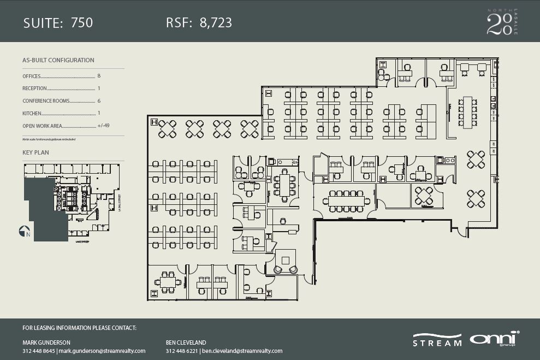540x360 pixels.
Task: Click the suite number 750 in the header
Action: pyautogui.click(x=82, y=22)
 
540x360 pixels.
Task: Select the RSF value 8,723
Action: pyautogui.click(x=216, y=22)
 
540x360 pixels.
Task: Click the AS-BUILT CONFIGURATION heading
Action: pyautogui.click(x=58, y=60)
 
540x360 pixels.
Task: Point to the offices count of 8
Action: pyautogui.click(x=99, y=76)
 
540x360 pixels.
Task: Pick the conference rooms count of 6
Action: pyautogui.click(x=99, y=101)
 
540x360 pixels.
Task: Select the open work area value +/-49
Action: pyautogui.click(x=104, y=126)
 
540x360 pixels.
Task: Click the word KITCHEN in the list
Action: pyautogui.click(x=32, y=113)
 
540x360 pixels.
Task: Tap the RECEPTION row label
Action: pyautogui.click(x=34, y=88)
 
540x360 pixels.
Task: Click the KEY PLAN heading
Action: pyautogui.click(x=35, y=152)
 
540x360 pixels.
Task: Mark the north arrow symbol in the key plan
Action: pyautogui.click(x=23, y=231)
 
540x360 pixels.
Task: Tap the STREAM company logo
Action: pyautogui.click(x=437, y=340)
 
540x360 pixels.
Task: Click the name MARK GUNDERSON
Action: pyautogui.click(x=46, y=343)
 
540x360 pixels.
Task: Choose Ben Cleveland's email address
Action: pyautogui.click(x=242, y=351)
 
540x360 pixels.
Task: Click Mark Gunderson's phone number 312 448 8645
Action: pyautogui.click(x=39, y=351)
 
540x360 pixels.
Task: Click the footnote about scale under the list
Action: pyautogui.click(x=49, y=140)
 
